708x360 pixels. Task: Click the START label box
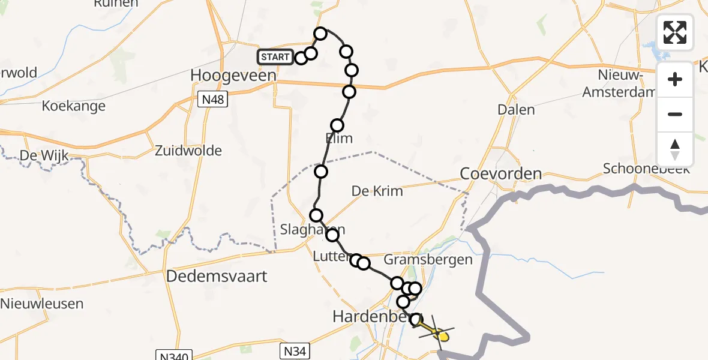275,58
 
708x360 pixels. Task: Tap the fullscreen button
675,32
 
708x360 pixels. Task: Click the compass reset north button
675,149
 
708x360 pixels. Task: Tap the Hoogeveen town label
233,76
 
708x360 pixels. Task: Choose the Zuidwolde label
188,151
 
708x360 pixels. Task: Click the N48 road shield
213,100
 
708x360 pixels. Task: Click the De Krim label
377,191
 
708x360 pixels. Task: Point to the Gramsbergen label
428,260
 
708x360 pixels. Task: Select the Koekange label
73,107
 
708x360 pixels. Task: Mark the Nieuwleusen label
42,304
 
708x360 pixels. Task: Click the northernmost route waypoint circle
320,34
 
